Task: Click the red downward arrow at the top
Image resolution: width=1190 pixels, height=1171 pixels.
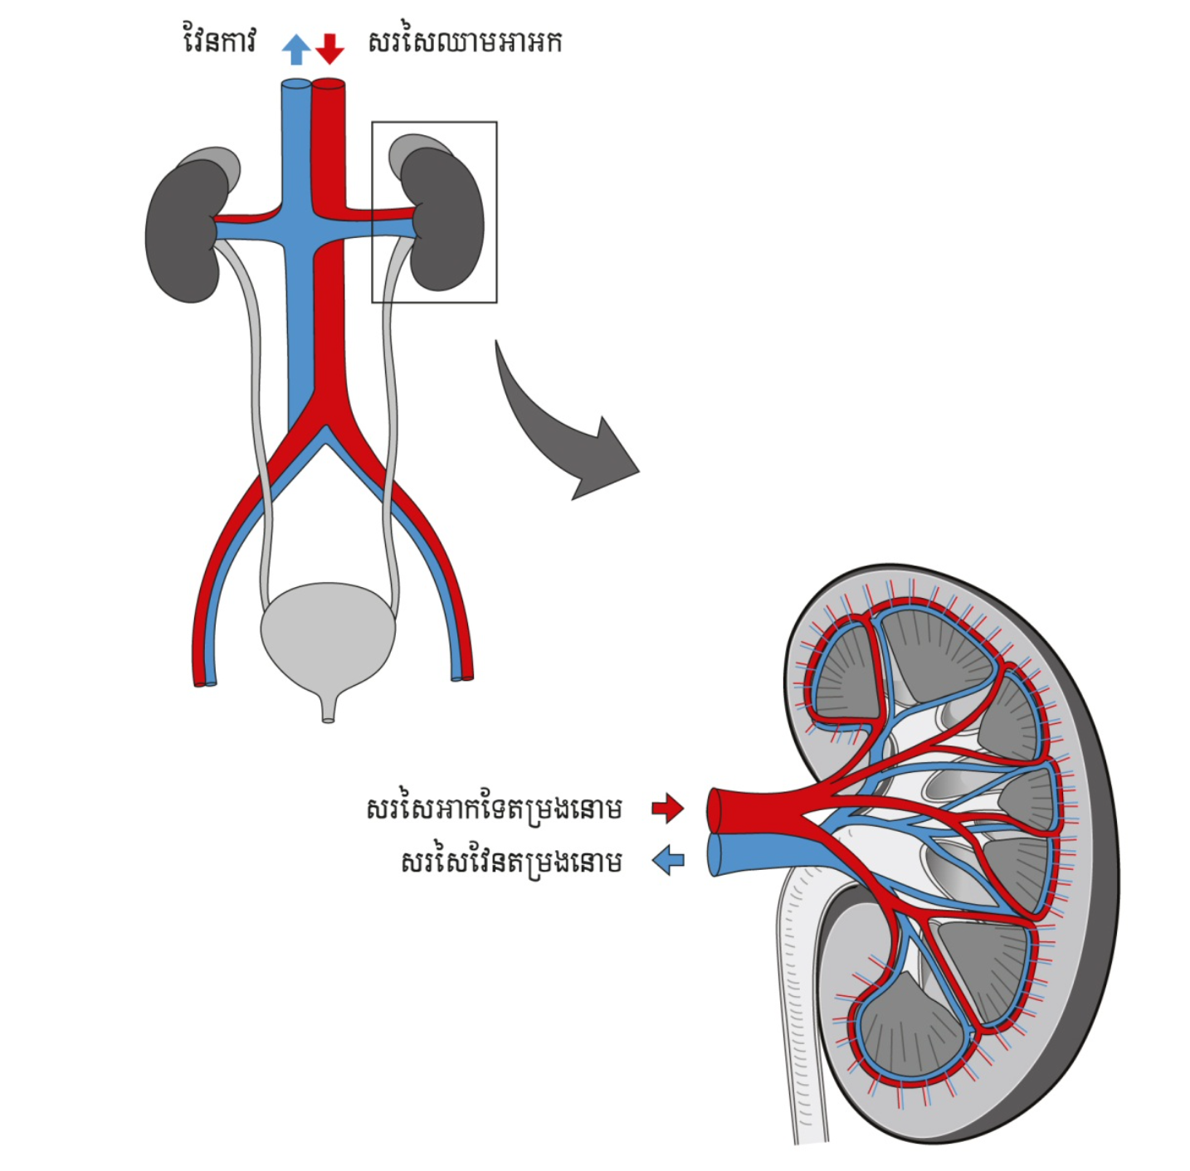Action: point(329,48)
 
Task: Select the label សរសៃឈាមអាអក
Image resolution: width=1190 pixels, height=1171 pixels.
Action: point(465,41)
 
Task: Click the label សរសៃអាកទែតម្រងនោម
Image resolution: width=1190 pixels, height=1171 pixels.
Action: point(495,808)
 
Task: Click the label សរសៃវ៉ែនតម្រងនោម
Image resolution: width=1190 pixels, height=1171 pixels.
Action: point(511,862)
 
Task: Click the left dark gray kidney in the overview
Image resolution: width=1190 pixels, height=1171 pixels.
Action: point(184,232)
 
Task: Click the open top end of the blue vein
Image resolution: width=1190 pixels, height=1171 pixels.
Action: point(295,85)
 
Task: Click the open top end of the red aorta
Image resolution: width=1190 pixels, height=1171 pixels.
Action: point(329,83)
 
